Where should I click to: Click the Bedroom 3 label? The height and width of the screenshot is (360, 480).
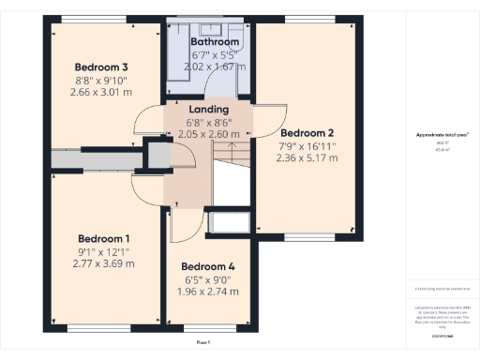(101, 67)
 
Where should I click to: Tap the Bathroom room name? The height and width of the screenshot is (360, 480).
(215, 42)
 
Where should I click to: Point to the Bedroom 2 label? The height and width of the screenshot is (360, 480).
(307, 132)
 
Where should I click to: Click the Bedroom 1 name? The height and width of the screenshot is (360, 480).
(104, 237)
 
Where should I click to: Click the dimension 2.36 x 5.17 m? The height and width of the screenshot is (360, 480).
(307, 158)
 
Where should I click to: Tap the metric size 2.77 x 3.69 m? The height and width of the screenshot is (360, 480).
(104, 263)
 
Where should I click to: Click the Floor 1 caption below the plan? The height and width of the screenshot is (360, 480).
(203, 344)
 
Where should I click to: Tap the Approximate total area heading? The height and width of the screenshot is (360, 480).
(441, 135)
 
